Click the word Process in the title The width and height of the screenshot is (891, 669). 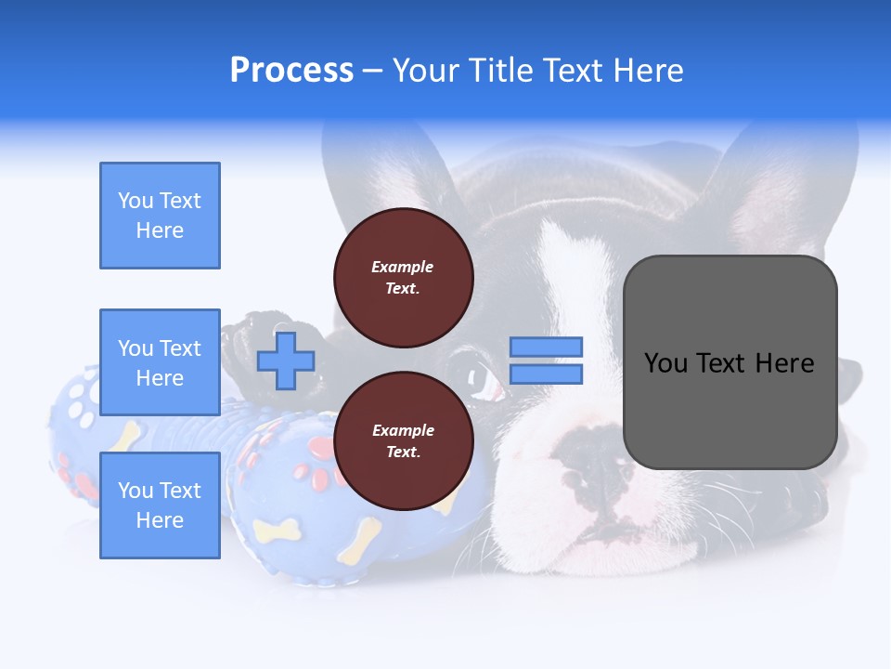tap(291, 71)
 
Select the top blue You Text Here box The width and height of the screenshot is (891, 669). tap(160, 216)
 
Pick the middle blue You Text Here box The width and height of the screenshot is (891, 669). tap(160, 362)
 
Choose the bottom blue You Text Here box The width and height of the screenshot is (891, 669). tap(160, 505)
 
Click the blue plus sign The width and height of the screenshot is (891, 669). tap(286, 361)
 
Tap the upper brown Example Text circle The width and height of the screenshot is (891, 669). tap(403, 278)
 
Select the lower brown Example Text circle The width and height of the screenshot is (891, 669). tap(403, 441)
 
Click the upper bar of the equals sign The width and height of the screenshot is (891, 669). tap(546, 347)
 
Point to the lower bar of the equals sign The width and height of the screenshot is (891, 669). tap(546, 374)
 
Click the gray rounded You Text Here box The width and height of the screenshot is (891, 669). tap(730, 362)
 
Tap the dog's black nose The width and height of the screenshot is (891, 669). tap(594, 465)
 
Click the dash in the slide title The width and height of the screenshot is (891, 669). tap(372, 72)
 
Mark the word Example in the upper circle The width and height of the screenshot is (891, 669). tap(403, 267)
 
